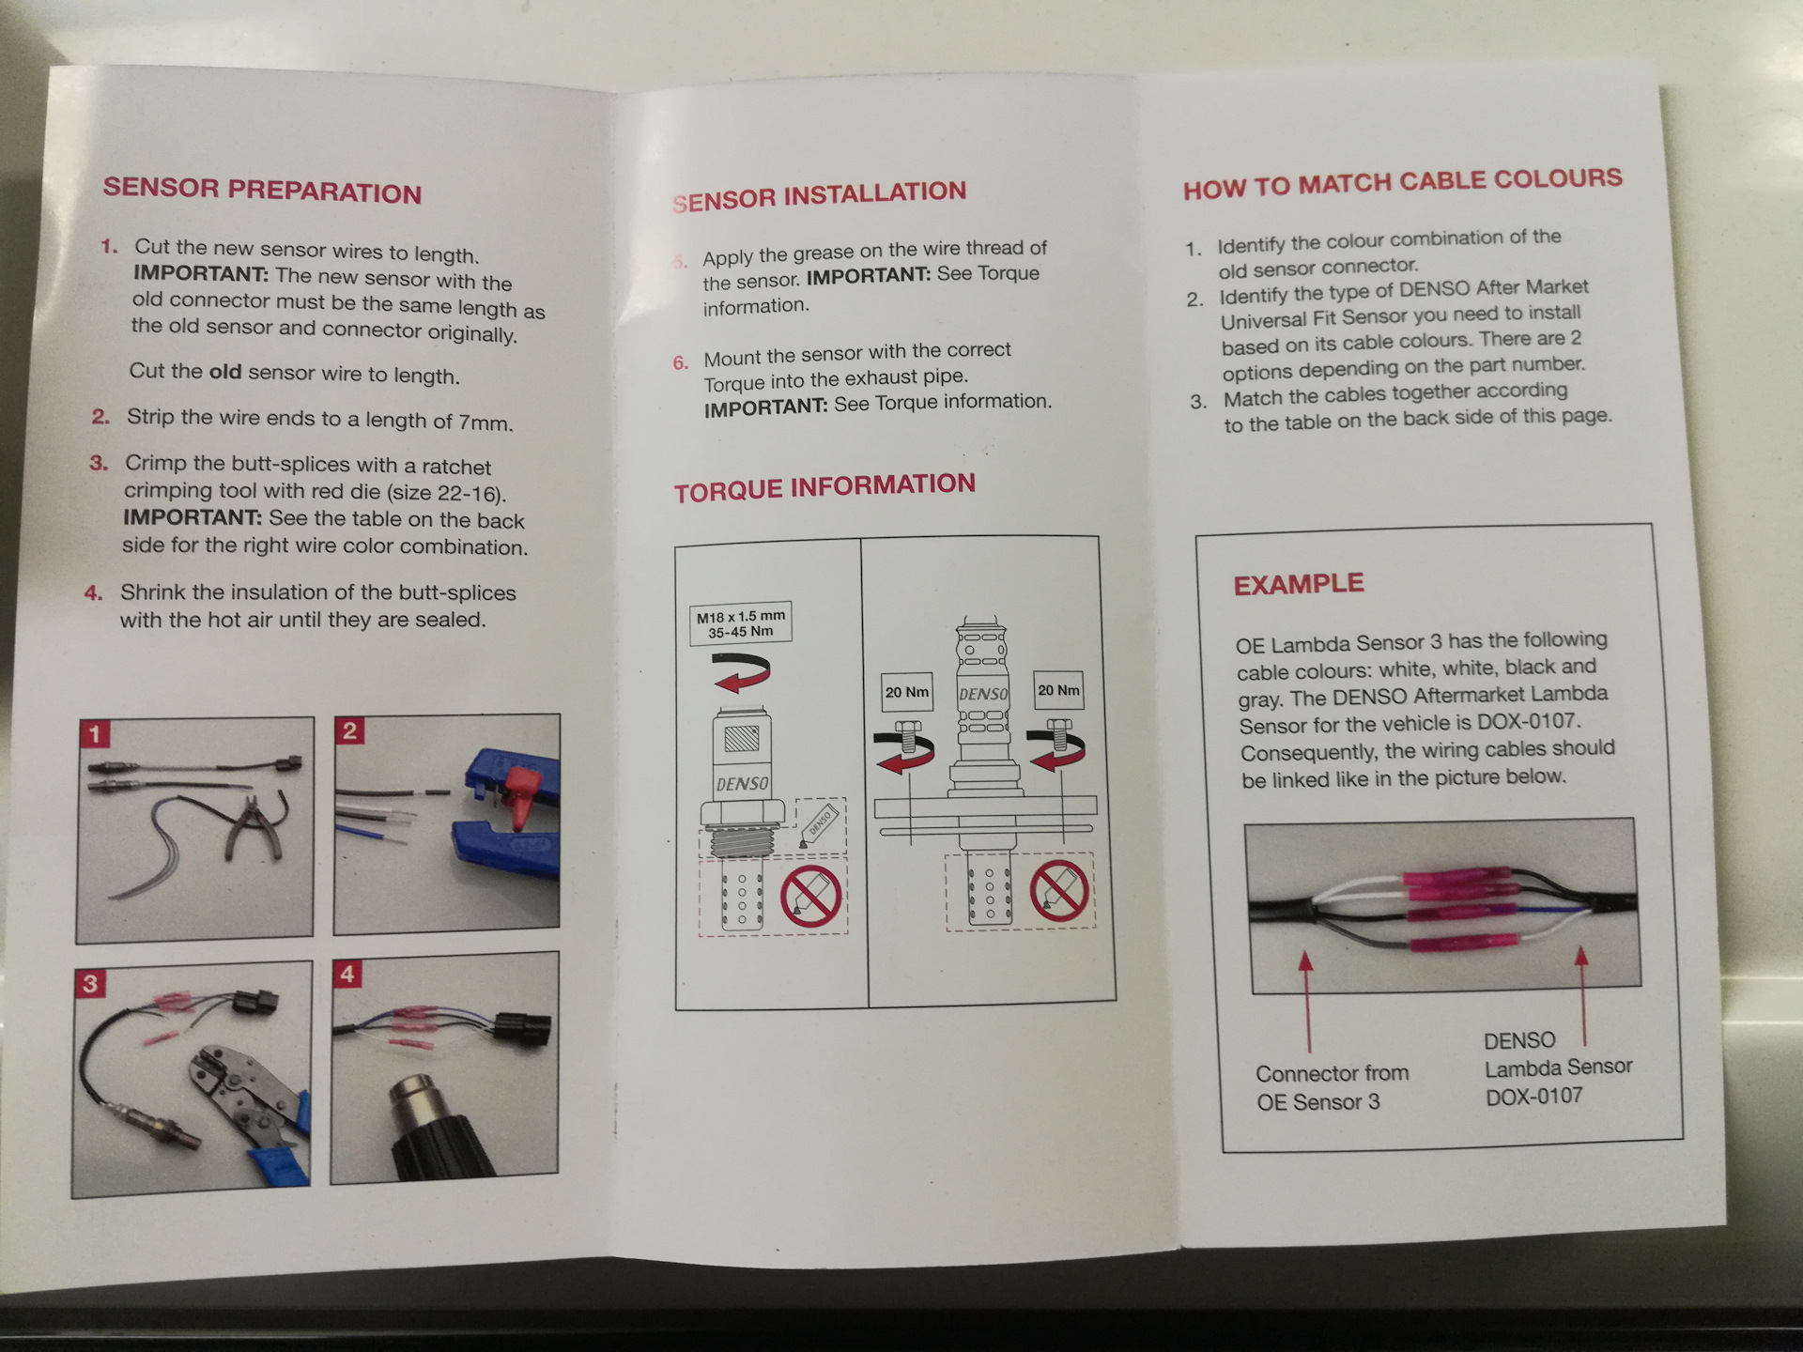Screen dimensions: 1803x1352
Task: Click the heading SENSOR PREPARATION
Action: (x=262, y=190)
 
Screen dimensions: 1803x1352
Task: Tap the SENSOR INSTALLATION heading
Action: (x=820, y=195)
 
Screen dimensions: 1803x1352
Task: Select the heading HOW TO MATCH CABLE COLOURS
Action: (x=1402, y=182)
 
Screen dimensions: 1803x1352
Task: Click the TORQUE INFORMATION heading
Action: (x=824, y=487)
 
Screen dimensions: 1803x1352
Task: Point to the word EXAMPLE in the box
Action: (x=1298, y=584)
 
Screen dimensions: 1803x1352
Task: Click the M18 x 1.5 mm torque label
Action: (x=741, y=623)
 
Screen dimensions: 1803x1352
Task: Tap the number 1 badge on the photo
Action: (x=95, y=733)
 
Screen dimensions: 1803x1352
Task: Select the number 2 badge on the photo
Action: (x=350, y=730)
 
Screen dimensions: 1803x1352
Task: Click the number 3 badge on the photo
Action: (x=90, y=983)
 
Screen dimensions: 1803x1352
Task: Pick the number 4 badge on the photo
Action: (x=347, y=975)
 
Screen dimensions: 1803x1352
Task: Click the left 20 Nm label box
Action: (x=907, y=693)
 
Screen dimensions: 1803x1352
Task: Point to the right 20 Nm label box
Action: (x=1058, y=691)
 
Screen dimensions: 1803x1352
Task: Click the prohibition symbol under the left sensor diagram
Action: (x=810, y=898)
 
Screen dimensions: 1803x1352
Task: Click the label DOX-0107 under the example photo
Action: (x=1534, y=1097)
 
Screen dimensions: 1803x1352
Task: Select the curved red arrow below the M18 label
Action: (x=742, y=672)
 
